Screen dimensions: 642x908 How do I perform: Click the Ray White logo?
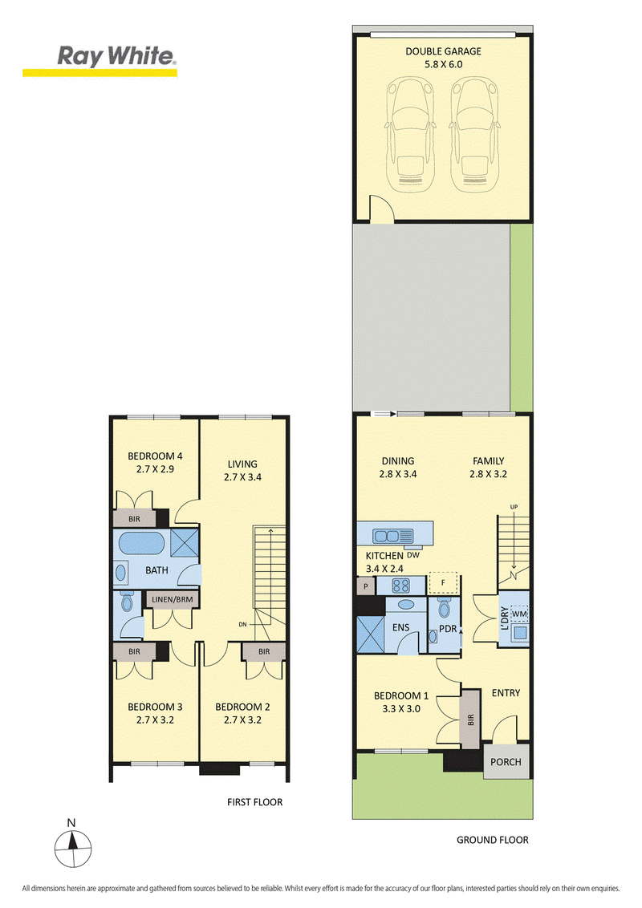(100, 60)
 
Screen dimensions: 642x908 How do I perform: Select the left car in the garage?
(410, 134)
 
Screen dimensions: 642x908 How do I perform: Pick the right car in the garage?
(474, 134)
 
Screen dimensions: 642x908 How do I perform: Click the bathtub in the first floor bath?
(142, 545)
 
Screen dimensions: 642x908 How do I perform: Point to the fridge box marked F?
(443, 583)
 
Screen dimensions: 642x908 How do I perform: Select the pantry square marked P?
(366, 586)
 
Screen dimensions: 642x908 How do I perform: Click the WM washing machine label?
(519, 614)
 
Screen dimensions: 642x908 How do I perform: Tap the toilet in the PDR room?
(445, 609)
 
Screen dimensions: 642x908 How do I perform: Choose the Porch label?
(506, 762)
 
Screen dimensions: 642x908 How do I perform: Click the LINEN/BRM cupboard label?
(172, 599)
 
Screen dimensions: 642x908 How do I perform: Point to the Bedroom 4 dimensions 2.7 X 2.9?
(156, 469)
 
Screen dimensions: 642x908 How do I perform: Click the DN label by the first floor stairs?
(243, 624)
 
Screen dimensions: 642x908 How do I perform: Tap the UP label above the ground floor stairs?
(514, 507)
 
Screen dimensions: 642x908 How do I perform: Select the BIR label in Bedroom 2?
(264, 651)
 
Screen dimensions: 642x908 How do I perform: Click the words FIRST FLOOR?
(255, 802)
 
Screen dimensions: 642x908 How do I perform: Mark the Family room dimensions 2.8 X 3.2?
(489, 474)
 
